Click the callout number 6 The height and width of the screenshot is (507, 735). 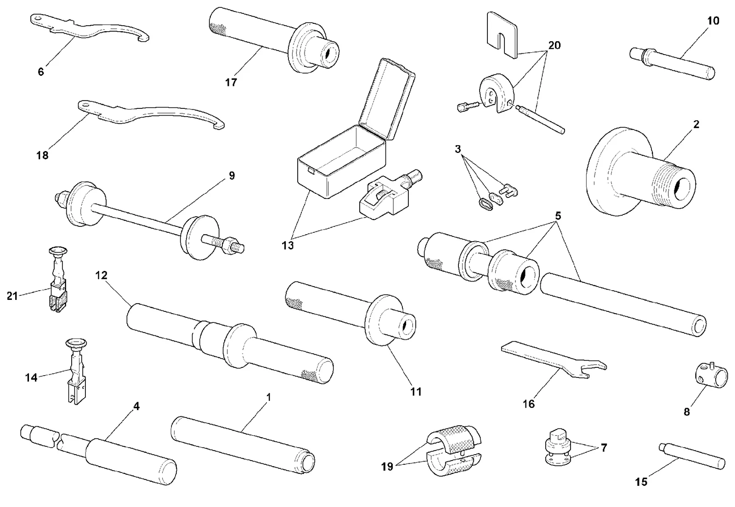[x=41, y=72]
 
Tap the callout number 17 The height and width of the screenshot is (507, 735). [x=231, y=82]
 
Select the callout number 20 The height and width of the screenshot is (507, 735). [x=554, y=45]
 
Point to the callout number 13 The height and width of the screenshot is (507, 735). [x=288, y=245]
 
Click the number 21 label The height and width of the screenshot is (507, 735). [x=12, y=296]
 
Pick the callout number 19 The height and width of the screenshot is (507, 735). [x=387, y=466]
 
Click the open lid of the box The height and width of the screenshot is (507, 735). [x=387, y=98]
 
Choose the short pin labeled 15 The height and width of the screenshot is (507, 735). [x=692, y=456]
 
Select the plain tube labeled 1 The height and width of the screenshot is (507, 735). [x=243, y=445]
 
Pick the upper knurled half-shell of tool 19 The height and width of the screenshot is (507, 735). [x=454, y=439]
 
